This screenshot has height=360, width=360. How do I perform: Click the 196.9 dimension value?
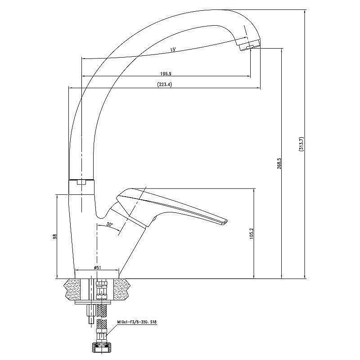(x=166, y=74)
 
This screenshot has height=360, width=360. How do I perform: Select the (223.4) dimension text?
(x=164, y=85)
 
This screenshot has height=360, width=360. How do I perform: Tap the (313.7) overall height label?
(x=301, y=144)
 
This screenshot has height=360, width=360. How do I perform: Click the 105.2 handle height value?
(x=251, y=234)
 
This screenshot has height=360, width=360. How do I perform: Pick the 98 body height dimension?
(x=54, y=237)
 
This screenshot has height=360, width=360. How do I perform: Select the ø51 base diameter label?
(x=97, y=267)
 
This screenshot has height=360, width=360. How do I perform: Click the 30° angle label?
(x=109, y=224)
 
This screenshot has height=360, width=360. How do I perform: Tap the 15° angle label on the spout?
(x=173, y=49)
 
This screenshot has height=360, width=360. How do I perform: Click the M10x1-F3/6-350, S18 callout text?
(x=137, y=322)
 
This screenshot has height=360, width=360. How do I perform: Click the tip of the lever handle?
(x=226, y=221)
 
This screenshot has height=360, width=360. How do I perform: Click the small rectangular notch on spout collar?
(x=81, y=183)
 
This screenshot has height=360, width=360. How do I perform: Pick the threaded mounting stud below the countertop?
(x=91, y=314)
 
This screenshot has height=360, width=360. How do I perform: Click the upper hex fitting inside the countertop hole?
(x=101, y=289)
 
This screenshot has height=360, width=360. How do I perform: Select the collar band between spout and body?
(x=81, y=187)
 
